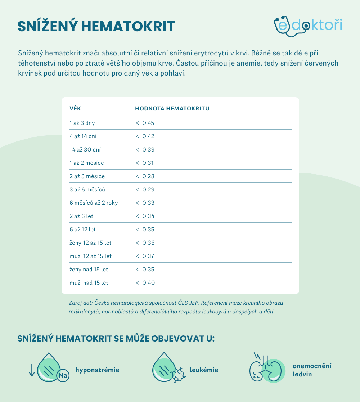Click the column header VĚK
pos(75,108)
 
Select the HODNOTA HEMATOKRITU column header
pos(172,108)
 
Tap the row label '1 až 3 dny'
pos(82,123)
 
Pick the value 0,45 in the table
pos(148,123)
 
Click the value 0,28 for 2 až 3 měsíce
pos(148,176)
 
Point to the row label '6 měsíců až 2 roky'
pos(94,203)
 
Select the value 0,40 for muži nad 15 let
pos(148,283)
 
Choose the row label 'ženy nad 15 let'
pos(89,270)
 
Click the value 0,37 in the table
pos(148,256)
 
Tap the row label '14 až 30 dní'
pos(85,150)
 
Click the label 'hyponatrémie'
pos(97,370)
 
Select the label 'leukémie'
pos(204,370)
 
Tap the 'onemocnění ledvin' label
pos(312,370)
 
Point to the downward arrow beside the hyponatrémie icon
pos(32,370)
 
